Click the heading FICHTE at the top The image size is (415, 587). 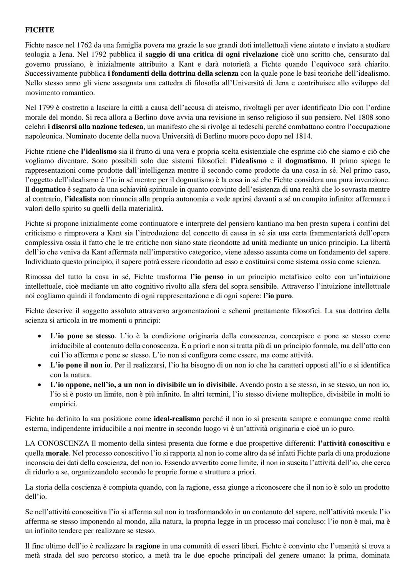(x=40, y=29)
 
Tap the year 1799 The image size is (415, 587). (x=48, y=108)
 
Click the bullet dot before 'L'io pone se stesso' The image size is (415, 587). (x=39, y=336)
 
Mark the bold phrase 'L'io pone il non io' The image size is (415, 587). (x=80, y=365)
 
